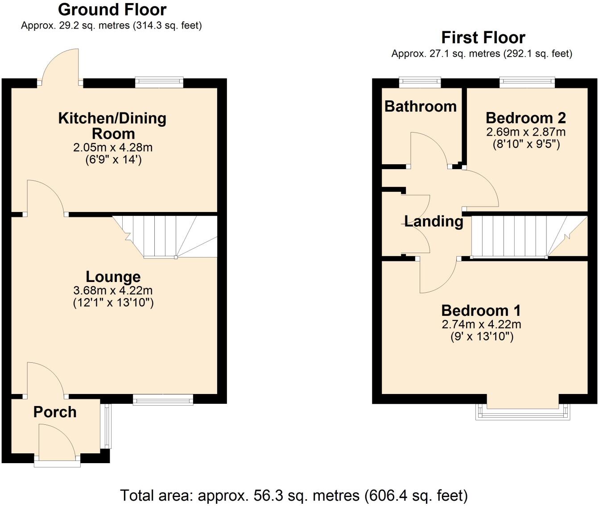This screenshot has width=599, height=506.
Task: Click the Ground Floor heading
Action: [112, 9]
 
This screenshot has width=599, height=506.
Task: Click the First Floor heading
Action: [483, 37]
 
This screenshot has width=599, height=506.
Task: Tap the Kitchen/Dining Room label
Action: [112, 125]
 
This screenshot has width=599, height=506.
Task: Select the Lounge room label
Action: [113, 277]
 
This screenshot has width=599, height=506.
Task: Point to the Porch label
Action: [55, 412]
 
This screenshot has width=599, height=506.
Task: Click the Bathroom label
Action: [420, 106]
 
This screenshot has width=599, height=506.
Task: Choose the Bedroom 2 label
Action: [525, 118]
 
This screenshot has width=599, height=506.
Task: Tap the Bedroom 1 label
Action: [481, 310]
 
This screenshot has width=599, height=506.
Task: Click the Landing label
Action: [434, 221]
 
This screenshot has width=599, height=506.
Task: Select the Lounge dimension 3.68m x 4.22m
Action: [113, 290]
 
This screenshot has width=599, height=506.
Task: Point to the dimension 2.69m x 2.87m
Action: [525, 132]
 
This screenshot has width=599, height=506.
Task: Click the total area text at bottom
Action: [294, 495]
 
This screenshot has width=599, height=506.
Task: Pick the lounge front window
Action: [163, 399]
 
